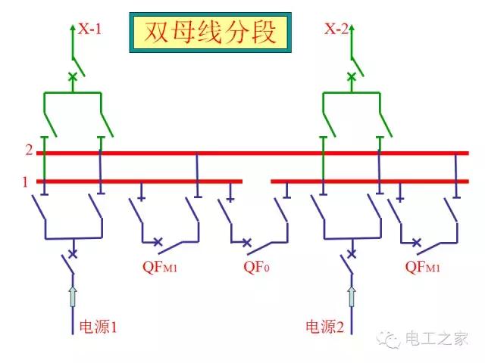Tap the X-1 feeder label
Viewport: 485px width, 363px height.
(89, 29)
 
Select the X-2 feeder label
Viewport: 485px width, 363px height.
(336, 29)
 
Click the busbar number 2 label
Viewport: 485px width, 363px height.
(28, 150)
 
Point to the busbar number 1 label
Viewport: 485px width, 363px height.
(24, 181)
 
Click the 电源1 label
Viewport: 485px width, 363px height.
(99, 327)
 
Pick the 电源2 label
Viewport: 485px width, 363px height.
(325, 327)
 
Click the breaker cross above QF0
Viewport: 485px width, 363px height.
(246, 243)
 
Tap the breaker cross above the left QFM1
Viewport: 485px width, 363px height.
(158, 243)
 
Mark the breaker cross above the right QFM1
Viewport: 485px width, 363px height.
(416, 243)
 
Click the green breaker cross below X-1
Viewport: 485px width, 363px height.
(73, 76)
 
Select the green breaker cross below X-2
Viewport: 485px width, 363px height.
(351, 76)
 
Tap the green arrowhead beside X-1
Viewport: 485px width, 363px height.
(73, 28)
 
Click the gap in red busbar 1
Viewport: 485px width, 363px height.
(256, 181)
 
